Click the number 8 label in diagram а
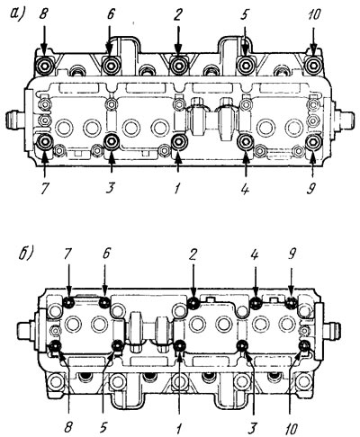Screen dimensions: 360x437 coord(44,14)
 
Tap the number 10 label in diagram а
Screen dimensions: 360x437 coord(313,14)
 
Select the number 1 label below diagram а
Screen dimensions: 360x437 coord(177,189)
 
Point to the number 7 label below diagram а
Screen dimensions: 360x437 coord(44,189)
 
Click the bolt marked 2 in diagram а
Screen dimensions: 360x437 coord(178,65)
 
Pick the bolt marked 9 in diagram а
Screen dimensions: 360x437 coord(313,143)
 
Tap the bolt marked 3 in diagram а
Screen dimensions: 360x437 coord(112,141)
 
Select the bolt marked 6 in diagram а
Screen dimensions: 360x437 coord(111,65)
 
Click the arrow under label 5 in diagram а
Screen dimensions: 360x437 coord(246,40)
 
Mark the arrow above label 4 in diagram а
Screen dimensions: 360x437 coord(246,165)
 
